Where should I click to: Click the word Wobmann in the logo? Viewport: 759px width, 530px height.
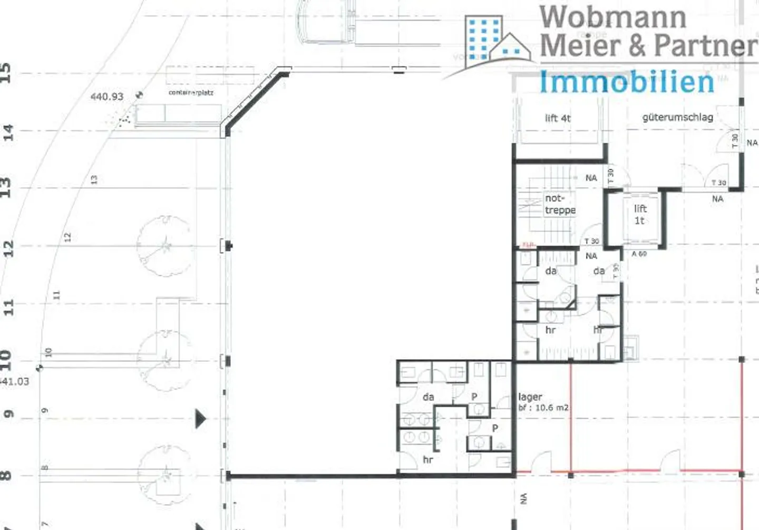click(x=612, y=17)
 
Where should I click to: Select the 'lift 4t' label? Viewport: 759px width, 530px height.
click(x=558, y=118)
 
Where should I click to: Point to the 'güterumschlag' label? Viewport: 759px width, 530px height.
click(x=677, y=117)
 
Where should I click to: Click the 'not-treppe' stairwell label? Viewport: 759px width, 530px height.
click(x=559, y=204)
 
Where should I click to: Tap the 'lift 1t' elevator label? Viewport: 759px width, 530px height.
click(x=640, y=215)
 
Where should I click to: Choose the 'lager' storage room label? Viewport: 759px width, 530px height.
click(x=530, y=397)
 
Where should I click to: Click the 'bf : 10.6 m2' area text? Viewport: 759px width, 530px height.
click(x=543, y=408)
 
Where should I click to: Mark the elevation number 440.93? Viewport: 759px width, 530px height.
click(x=106, y=97)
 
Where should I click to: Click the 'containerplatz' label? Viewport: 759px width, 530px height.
click(x=191, y=92)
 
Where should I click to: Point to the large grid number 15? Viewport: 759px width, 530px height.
click(x=6, y=72)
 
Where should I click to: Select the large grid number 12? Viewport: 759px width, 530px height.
click(x=7, y=248)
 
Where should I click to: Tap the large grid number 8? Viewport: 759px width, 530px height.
click(x=6, y=475)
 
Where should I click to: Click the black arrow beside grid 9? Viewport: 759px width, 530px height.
click(x=200, y=419)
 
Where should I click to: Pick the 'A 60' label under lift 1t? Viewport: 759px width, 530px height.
click(x=639, y=254)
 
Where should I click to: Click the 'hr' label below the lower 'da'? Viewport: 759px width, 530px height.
click(x=428, y=460)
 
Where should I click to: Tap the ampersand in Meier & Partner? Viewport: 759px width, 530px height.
click(x=637, y=45)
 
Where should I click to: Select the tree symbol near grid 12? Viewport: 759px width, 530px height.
click(x=164, y=246)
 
